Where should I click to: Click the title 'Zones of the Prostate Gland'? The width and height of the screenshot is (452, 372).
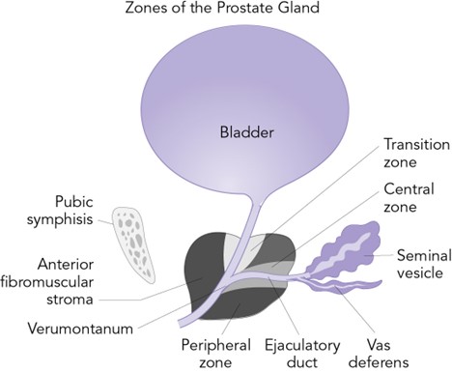[x=225, y=11]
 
